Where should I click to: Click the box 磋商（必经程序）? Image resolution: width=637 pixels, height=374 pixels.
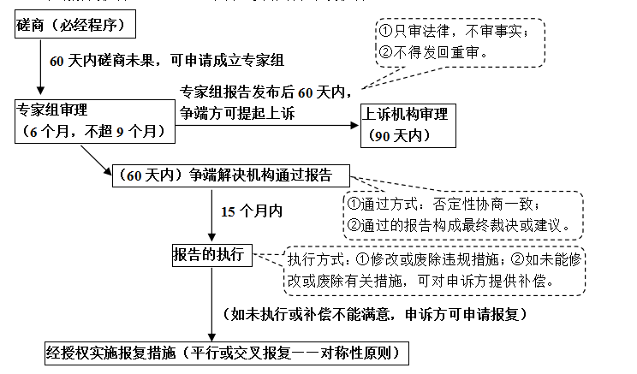click(76, 25)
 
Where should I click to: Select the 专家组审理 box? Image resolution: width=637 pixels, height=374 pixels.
click(95, 122)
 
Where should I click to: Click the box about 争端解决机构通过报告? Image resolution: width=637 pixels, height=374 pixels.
click(231, 176)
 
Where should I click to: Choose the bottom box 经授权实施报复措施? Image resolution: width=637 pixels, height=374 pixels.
click(222, 353)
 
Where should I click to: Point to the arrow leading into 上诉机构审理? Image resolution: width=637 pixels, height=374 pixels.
click(265, 126)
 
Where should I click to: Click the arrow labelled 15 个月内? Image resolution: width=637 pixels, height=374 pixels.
click(211, 214)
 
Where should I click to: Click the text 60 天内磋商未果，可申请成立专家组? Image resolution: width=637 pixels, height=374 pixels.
click(167, 62)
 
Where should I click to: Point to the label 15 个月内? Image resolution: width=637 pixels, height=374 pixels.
click(252, 211)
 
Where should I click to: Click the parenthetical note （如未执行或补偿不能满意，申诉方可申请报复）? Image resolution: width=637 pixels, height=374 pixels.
click(375, 313)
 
